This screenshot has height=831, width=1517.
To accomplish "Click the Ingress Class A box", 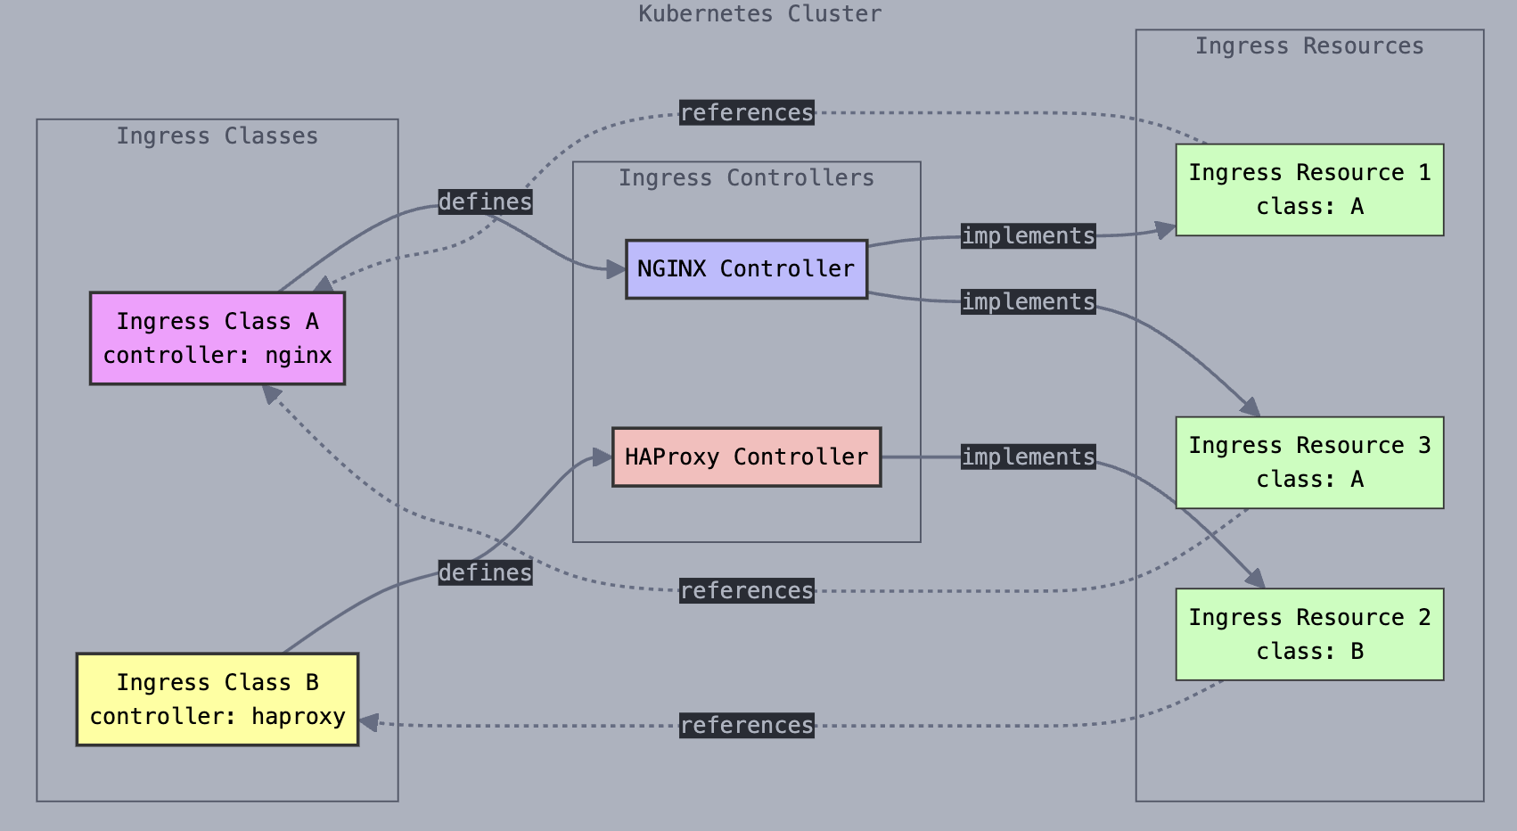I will coord(217,338).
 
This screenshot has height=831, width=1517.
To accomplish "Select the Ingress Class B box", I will coord(217,699).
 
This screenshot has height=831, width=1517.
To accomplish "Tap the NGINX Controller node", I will coord(746,268).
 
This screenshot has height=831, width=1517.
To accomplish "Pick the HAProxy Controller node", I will coord(746,457).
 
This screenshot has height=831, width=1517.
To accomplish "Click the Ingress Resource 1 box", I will coord(1308,189).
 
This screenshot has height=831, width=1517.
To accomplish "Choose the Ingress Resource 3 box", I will coord(1308,462).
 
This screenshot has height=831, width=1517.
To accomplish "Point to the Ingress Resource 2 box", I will coord(1308,634).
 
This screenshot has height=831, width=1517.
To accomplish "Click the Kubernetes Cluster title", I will coord(759,13).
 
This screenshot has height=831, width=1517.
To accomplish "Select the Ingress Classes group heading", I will coord(217,136).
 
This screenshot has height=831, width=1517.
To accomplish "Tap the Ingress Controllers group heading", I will coord(746,177).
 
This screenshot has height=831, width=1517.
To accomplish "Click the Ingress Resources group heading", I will coord(1308,45).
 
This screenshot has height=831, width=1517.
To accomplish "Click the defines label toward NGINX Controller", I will coord(485,202).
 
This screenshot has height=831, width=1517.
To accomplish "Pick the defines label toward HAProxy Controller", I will coord(485,572).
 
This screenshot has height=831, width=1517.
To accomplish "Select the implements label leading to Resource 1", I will coord(1028,235).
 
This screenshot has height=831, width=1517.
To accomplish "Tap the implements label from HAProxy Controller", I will coord(1028,457).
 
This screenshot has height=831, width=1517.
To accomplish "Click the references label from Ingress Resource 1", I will coord(746,112).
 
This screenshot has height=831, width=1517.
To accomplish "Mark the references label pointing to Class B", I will coord(746,725).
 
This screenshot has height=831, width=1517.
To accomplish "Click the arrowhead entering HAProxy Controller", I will coord(603,458).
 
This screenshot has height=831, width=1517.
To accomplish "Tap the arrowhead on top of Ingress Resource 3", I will coord(1252,408).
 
